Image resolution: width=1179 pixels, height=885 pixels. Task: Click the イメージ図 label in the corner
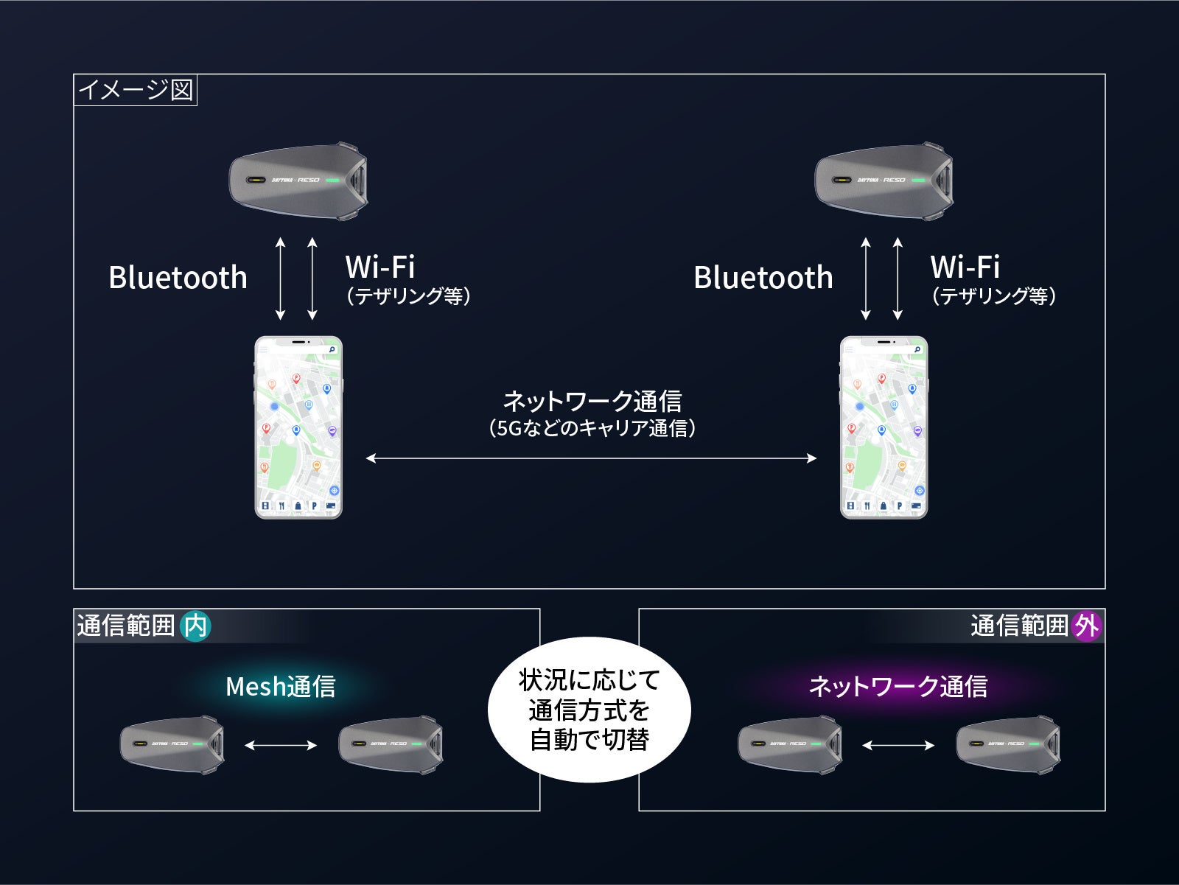pyautogui.click(x=136, y=90)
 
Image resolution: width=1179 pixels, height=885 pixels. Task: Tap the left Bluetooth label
pyautogui.click(x=178, y=278)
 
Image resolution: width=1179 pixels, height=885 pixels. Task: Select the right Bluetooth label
pyautogui.click(x=763, y=278)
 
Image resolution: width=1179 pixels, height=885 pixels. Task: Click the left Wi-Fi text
pyautogui.click(x=380, y=267)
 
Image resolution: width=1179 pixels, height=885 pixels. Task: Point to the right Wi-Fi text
pyautogui.click(x=965, y=267)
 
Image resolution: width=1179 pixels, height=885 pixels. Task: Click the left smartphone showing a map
pyautogui.click(x=298, y=427)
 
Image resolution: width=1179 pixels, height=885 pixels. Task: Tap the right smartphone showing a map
pyautogui.click(x=884, y=427)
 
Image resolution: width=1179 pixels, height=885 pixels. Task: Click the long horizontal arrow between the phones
pyautogui.click(x=591, y=458)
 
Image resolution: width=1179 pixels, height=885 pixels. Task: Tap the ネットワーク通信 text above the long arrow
pyautogui.click(x=592, y=402)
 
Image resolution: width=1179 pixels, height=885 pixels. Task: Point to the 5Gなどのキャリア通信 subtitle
pyautogui.click(x=592, y=428)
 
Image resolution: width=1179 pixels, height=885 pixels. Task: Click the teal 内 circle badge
pyautogui.click(x=195, y=626)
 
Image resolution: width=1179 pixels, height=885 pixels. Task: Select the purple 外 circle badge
pyautogui.click(x=1086, y=626)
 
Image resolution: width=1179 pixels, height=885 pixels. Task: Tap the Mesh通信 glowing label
pyautogui.click(x=280, y=687)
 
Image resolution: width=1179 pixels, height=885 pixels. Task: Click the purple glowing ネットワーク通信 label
pyautogui.click(x=898, y=687)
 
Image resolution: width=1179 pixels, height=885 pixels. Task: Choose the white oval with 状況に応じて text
pyautogui.click(x=589, y=710)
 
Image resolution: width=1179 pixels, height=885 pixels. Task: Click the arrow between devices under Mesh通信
pyautogui.click(x=281, y=745)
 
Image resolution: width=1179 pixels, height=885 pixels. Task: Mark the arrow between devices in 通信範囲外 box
pyautogui.click(x=898, y=745)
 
